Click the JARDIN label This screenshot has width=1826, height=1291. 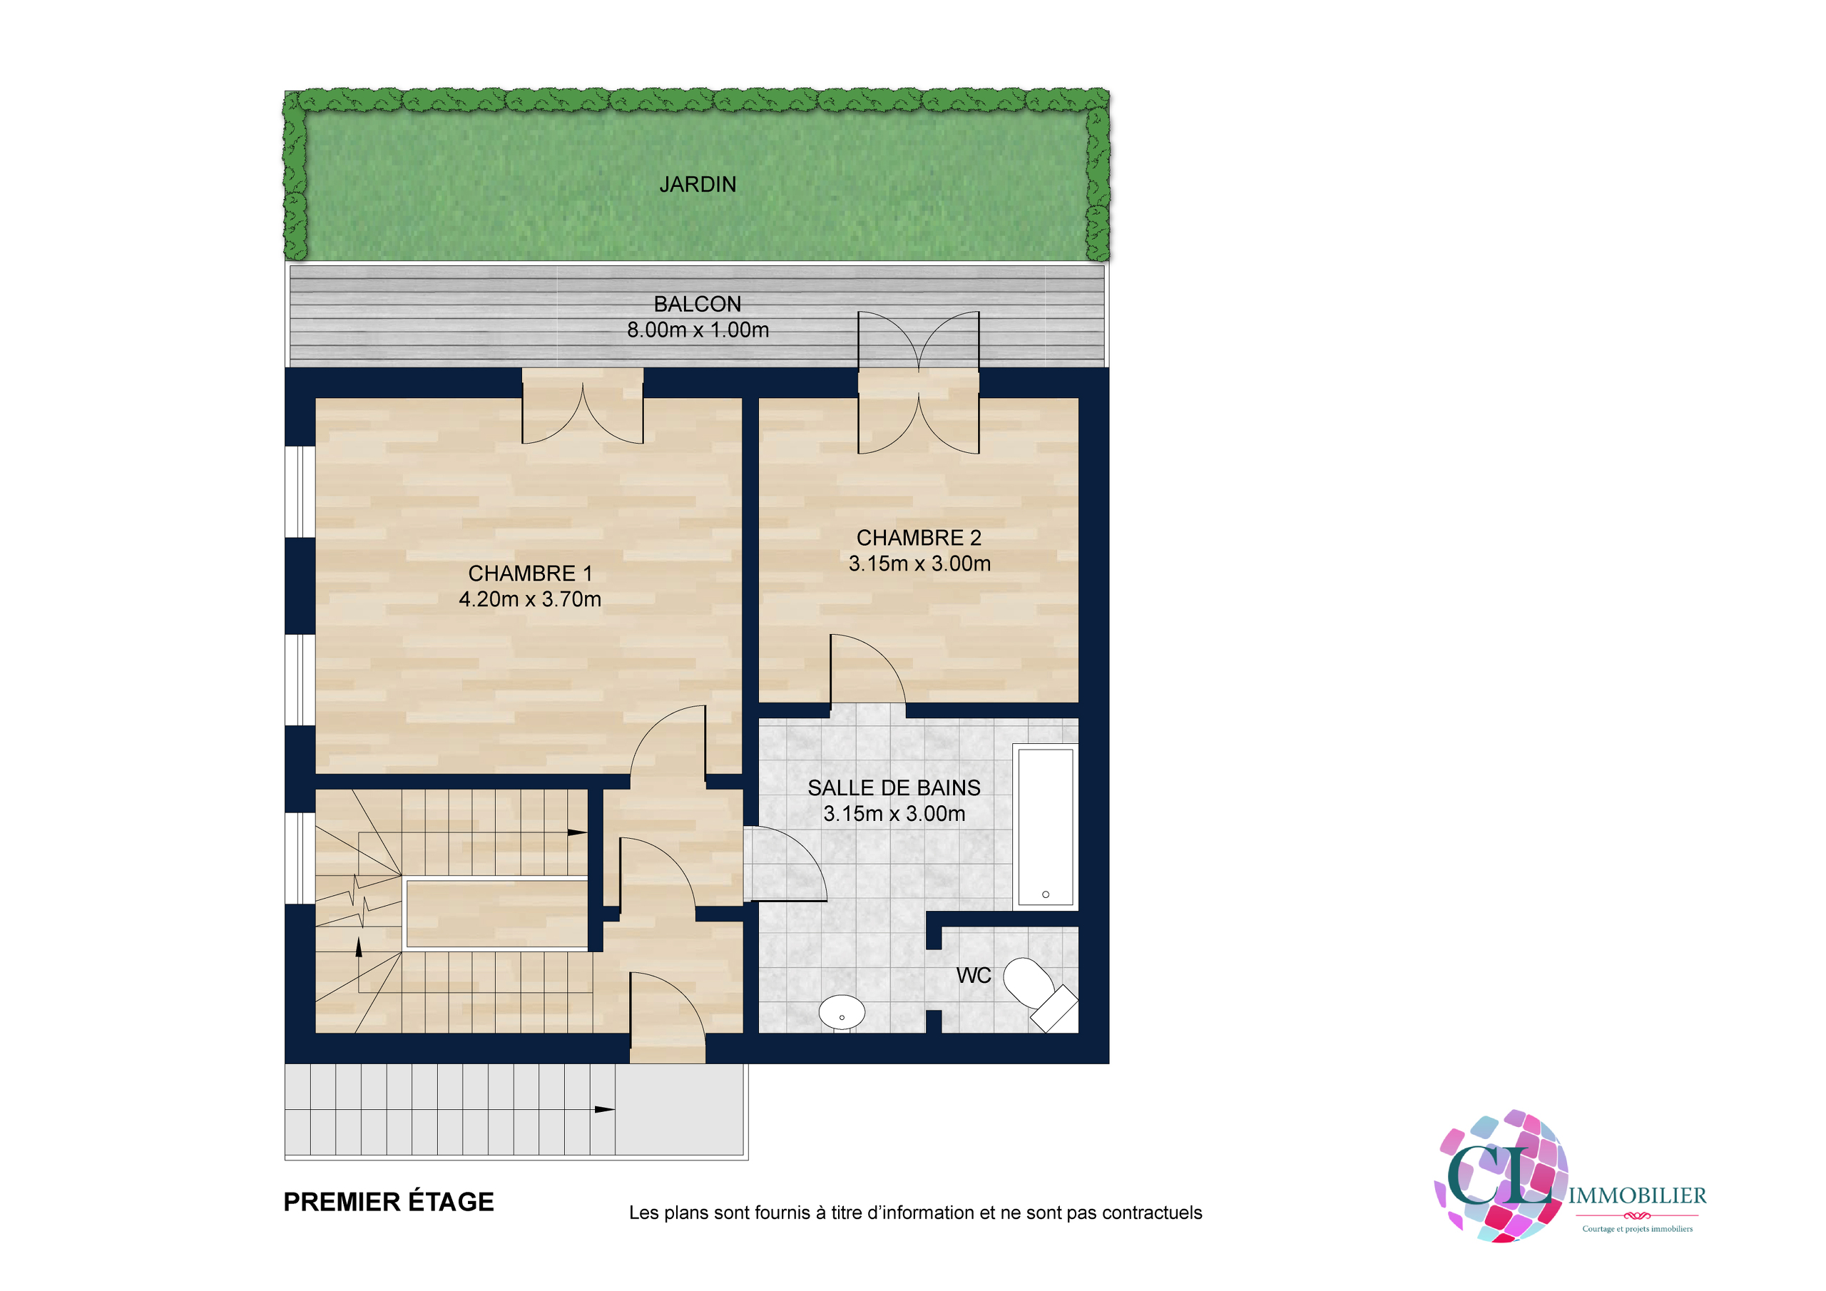698,185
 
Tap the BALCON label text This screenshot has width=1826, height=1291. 698,304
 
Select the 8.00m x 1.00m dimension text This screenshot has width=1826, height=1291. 698,330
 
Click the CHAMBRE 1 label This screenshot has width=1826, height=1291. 530,573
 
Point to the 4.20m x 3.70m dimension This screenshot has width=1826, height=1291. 530,599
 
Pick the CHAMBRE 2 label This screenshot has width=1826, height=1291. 919,538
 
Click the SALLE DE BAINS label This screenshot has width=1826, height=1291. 894,787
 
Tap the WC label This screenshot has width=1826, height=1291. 974,975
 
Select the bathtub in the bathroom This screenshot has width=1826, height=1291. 1046,827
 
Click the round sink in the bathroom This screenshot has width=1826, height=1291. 842,1013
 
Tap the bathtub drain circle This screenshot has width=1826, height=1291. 1046,894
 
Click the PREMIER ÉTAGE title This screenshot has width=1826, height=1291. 389,1202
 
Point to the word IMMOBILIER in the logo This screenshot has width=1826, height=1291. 1638,1195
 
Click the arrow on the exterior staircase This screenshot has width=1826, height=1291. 604,1110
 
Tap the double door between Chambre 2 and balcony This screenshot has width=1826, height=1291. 919,382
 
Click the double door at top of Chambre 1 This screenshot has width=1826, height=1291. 583,406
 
